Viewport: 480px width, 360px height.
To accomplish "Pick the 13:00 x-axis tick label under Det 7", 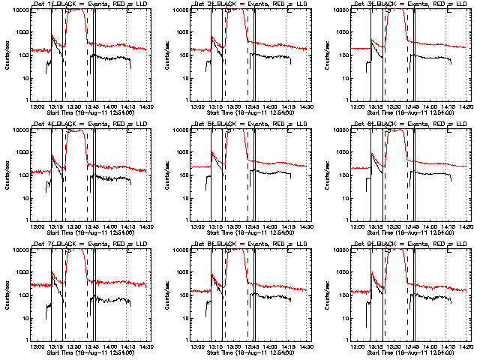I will click(36, 346).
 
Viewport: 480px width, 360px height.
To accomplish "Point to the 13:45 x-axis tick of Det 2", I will click(252, 106).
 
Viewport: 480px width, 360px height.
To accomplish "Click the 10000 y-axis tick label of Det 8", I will click(178, 250).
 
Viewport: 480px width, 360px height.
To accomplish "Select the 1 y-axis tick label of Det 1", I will click(26, 100).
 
